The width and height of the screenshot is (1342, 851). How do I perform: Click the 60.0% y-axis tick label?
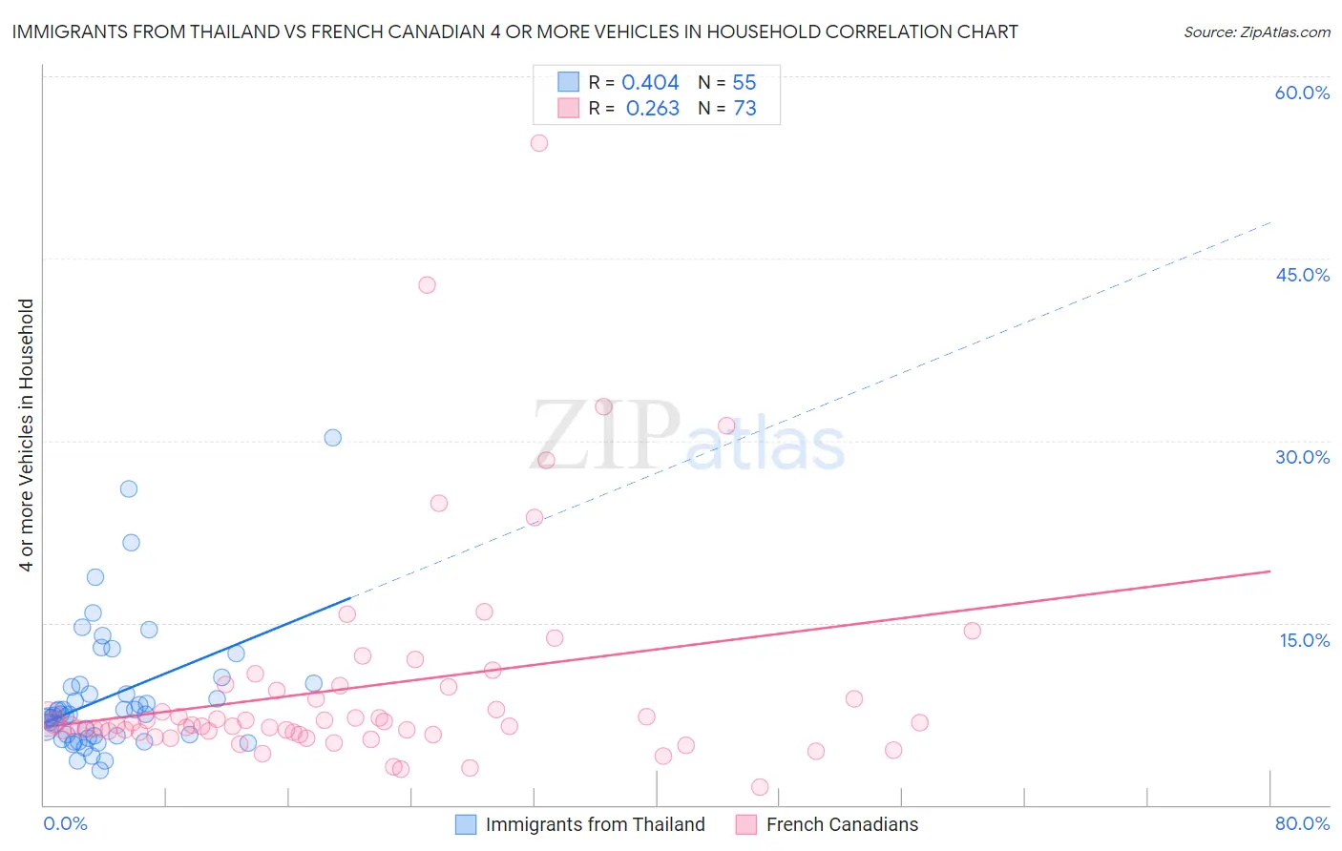1302,93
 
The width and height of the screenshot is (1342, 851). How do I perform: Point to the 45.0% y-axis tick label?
1302,275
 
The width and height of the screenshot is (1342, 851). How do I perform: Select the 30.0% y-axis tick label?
1302,457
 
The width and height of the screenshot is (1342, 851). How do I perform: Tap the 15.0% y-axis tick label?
1304,640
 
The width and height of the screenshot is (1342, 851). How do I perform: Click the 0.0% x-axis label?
65,823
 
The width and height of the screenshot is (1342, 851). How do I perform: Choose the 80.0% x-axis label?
1302,823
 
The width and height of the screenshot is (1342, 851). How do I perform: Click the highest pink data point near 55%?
539,143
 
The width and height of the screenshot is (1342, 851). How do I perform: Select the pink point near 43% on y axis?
427,285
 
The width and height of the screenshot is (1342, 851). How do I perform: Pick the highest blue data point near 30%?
333,438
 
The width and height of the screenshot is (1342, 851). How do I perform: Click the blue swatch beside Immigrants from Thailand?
466,824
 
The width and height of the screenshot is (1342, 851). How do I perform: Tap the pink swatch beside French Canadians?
746,824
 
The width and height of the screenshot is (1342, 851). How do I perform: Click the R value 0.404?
650,83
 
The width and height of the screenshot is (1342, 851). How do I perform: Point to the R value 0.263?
653,109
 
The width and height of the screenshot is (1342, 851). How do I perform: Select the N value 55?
744,83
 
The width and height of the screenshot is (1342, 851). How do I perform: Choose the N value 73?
744,109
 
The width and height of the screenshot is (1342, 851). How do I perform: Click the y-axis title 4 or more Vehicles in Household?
27,435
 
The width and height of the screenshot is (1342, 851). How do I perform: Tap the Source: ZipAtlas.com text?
1256,32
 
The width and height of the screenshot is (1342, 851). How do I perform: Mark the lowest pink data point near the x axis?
760,787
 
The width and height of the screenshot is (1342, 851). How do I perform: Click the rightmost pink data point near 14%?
973,631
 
